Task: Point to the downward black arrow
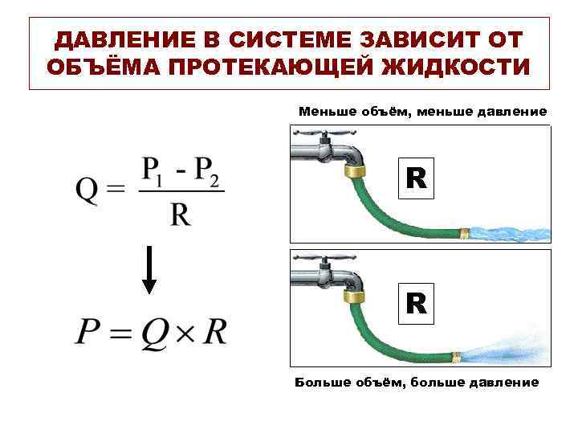tap(149, 274)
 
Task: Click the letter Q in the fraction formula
tap(88, 191)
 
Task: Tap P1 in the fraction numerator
tap(154, 171)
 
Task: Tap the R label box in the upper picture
tap(416, 178)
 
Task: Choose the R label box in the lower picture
tap(416, 303)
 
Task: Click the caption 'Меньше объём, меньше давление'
tap(422, 111)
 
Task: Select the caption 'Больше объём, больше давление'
tap(417, 381)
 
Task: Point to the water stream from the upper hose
tap(510, 234)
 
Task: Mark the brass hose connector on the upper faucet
tap(353, 170)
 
